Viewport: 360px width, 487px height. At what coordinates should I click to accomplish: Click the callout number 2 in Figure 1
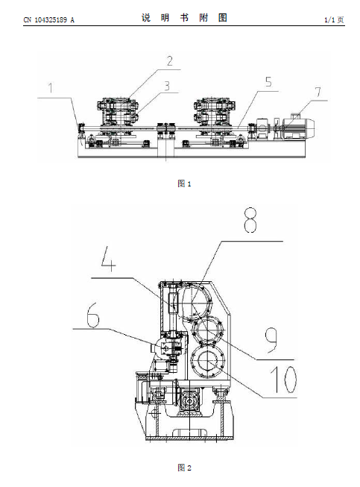pos(169,61)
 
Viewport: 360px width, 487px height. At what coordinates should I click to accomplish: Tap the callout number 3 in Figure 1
pos(167,86)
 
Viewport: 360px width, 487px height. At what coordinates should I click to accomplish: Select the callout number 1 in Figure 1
pos(51,87)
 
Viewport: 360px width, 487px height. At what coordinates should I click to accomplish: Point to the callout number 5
pos(268,82)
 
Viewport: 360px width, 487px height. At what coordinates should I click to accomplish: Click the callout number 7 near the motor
pos(318,92)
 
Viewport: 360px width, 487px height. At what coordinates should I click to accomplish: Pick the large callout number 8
pos(250,220)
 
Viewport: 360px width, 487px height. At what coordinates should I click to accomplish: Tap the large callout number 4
pos(109,258)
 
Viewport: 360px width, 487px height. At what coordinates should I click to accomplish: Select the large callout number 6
pos(92,315)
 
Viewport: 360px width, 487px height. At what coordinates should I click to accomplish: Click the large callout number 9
pos(271,340)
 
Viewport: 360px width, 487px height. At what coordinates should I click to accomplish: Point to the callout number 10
pos(283,379)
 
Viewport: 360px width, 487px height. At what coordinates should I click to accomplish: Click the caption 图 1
pos(184,183)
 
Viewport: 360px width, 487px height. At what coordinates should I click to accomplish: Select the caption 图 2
pos(184,468)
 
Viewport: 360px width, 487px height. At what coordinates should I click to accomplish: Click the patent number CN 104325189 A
pos(49,20)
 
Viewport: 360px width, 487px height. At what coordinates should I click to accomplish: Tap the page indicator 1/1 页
pos(334,20)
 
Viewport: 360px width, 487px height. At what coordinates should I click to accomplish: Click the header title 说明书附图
pos(184,18)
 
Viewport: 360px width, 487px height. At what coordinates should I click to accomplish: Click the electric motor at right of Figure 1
pos(298,128)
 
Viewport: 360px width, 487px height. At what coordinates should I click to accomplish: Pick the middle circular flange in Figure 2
pos(207,330)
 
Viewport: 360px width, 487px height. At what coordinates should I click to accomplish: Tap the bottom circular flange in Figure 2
pos(207,361)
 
